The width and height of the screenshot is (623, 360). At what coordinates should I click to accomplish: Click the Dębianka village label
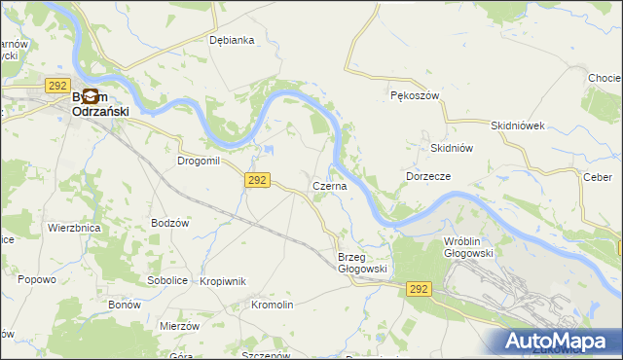(232, 40)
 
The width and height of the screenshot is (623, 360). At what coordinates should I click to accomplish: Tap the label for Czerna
(329, 186)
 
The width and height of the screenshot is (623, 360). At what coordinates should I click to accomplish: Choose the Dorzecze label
(427, 176)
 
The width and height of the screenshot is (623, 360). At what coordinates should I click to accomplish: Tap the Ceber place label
(597, 177)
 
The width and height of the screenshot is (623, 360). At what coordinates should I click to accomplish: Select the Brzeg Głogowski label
(363, 263)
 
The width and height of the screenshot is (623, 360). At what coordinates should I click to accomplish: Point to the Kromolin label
(272, 305)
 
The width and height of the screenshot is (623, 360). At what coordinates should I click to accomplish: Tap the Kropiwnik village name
(223, 281)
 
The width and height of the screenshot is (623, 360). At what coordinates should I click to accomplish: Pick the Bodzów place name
(169, 223)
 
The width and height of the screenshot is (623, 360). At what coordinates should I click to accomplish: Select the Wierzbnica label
(74, 228)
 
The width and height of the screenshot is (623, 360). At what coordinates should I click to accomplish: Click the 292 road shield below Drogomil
(257, 180)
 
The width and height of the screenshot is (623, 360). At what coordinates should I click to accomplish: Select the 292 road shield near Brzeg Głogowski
(419, 289)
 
